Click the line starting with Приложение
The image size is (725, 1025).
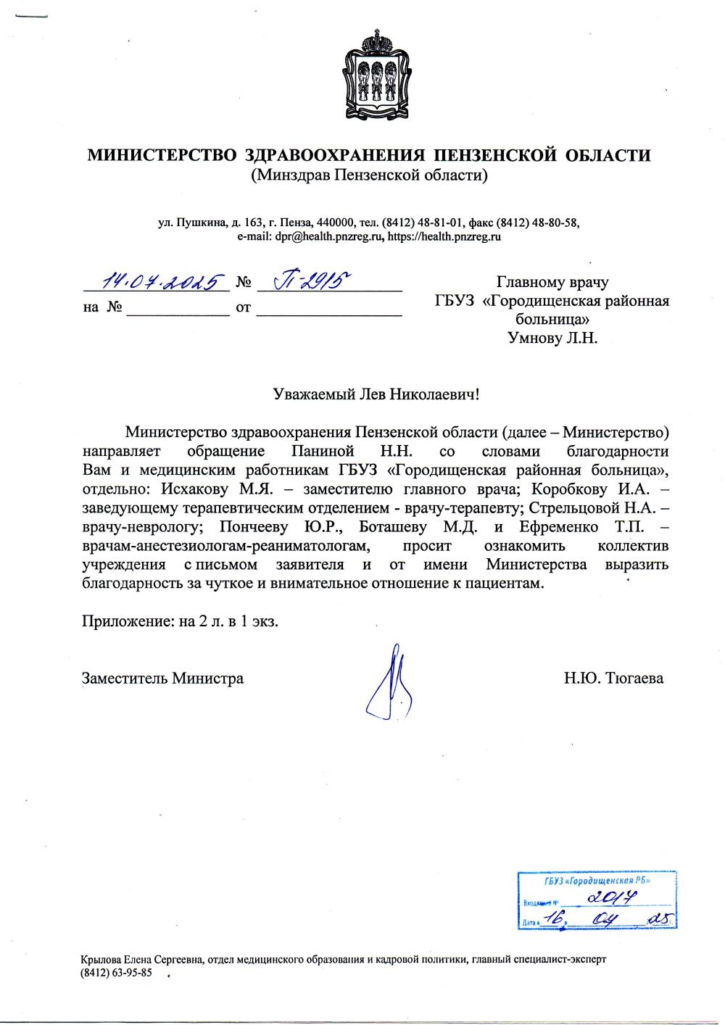(x=180, y=621)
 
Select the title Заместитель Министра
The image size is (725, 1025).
(x=163, y=679)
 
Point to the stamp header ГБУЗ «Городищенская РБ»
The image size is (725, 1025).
(x=597, y=881)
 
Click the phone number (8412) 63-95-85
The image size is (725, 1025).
(x=117, y=974)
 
